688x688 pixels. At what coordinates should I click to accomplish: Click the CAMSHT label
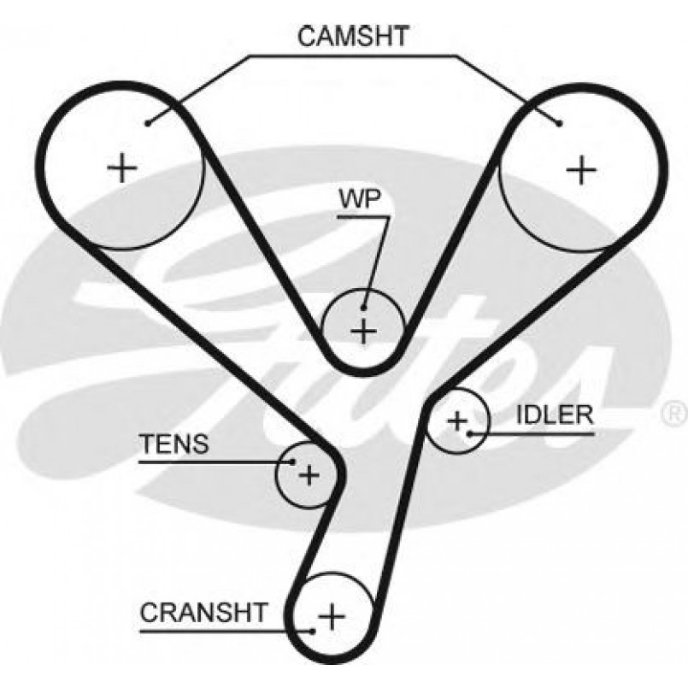coord(354,36)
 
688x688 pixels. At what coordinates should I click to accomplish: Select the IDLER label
coord(555,415)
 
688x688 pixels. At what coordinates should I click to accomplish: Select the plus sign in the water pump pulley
coord(364,329)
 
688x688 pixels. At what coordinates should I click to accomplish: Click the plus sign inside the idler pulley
coord(458,420)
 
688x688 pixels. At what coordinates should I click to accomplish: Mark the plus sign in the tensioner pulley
coord(309,474)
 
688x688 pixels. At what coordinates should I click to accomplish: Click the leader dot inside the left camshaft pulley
coord(149,123)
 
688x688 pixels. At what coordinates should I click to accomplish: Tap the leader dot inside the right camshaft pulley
coord(560,125)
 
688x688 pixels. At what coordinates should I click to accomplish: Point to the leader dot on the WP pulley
coord(364,309)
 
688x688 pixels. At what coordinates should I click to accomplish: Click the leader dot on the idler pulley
coord(471,433)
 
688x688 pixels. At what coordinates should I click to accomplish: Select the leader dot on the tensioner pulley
coord(292,462)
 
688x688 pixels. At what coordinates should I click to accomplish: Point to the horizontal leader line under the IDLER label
coord(538,433)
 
